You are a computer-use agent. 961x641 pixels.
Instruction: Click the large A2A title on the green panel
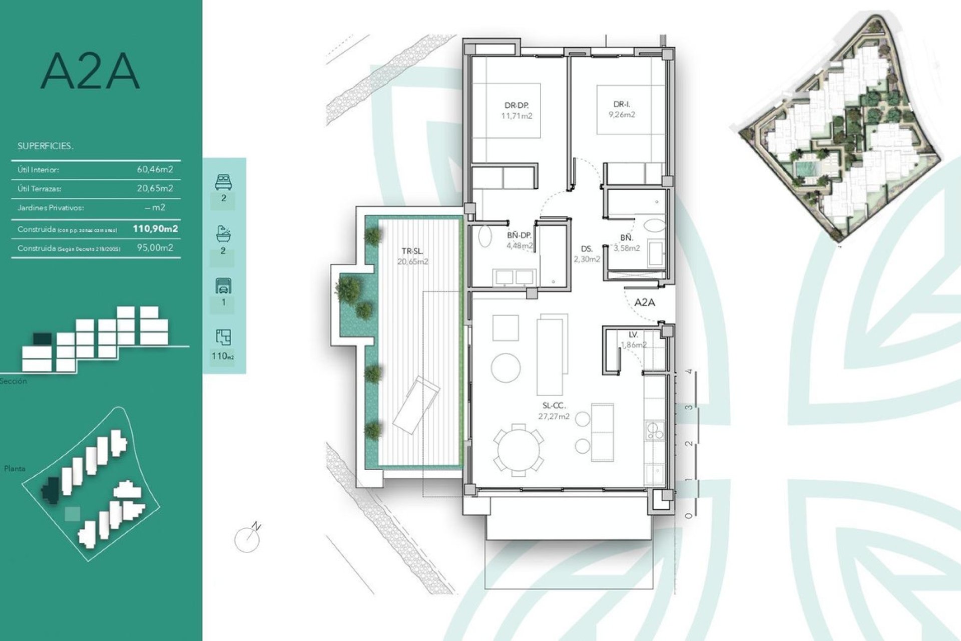point(90,72)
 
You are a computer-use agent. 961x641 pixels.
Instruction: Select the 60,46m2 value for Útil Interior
point(155,169)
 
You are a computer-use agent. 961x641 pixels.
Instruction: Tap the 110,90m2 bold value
point(155,229)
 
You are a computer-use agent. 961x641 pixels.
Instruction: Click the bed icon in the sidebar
point(223,182)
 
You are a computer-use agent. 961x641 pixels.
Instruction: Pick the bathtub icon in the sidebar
point(223,233)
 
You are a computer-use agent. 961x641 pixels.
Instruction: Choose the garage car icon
point(223,286)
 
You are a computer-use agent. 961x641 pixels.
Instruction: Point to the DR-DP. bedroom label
point(517,106)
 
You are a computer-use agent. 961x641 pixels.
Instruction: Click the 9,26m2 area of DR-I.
point(622,115)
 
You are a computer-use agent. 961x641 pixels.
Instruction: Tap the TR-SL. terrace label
point(412,252)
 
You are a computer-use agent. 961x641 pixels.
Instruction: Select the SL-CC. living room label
point(554,407)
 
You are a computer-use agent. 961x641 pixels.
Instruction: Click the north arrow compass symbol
point(248,539)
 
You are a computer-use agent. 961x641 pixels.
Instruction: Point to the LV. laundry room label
point(633,335)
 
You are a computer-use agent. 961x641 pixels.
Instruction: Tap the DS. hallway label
point(587,249)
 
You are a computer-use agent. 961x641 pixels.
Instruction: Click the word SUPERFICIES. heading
point(46,146)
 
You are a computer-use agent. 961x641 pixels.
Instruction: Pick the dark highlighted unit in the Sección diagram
point(43,339)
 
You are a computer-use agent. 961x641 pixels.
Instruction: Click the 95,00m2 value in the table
point(155,247)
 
